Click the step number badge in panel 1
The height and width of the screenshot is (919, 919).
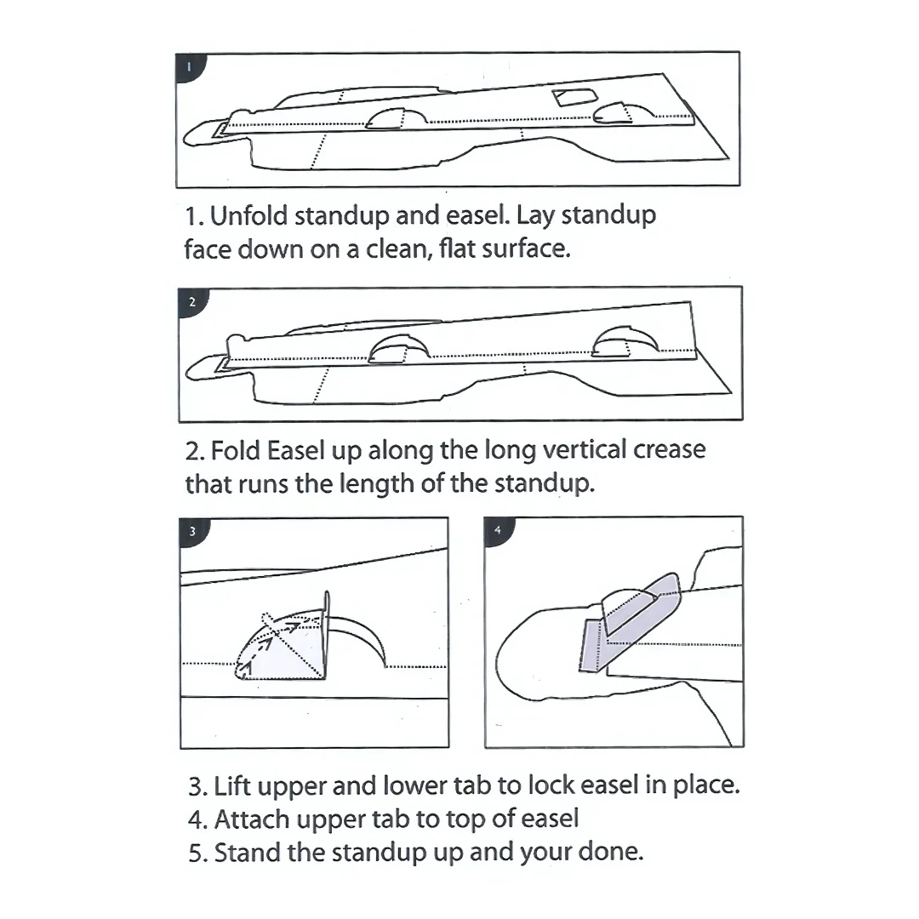point(189,67)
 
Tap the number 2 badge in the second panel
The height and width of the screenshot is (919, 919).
point(191,302)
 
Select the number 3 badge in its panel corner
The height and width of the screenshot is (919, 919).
point(193,532)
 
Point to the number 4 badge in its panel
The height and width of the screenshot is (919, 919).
point(498,530)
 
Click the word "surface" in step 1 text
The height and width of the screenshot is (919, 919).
point(526,248)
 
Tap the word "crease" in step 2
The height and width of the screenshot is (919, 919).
point(670,450)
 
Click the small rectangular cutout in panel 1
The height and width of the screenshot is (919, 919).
point(575,97)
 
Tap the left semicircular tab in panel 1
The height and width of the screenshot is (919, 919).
point(396,119)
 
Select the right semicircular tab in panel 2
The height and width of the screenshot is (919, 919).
point(625,342)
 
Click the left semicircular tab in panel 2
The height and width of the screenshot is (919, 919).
point(398,350)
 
